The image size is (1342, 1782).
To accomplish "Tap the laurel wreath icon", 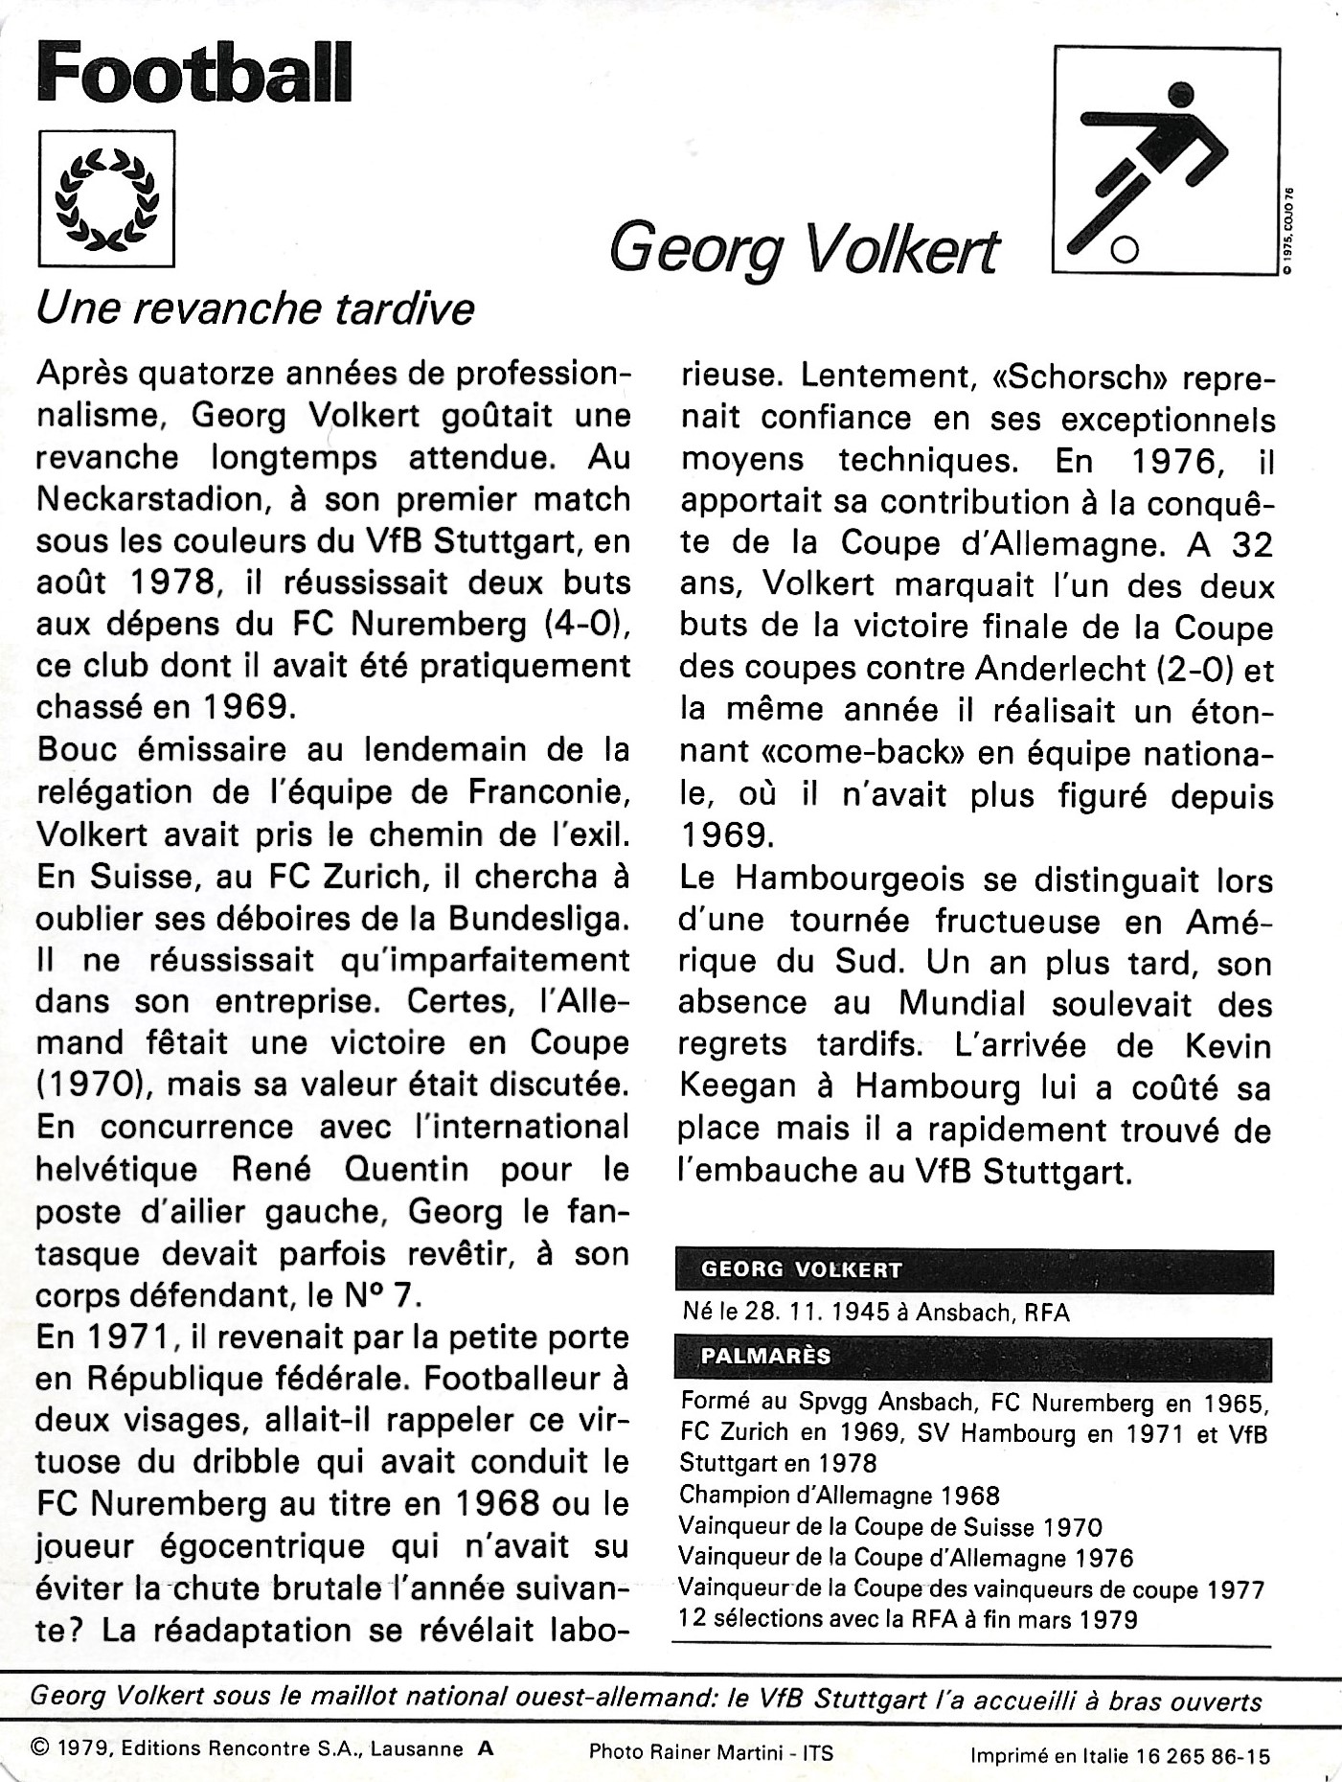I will (106, 198).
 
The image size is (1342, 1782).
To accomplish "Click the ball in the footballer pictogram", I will (1125, 251).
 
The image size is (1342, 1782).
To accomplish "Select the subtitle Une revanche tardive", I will (255, 309).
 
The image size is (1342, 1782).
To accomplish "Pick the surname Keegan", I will (737, 1087).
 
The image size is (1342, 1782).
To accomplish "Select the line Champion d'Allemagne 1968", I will (839, 1494).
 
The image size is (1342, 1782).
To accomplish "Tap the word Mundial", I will (961, 1004).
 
